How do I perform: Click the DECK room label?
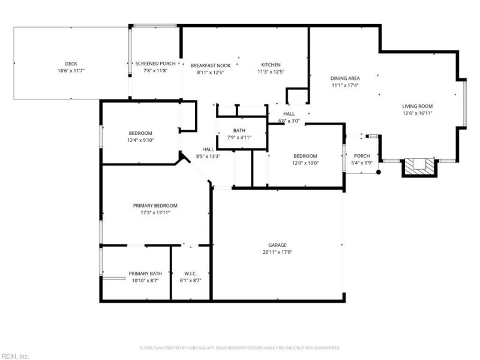71,64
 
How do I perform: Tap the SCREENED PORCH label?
155,64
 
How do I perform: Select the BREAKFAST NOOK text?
211,65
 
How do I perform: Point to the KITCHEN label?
271,65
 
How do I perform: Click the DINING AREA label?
345,79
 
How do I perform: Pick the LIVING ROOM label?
418,106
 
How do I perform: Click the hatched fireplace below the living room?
419,167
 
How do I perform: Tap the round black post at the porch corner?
379,172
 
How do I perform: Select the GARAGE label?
277,245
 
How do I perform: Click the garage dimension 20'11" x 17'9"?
277,252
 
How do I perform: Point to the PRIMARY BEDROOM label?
155,205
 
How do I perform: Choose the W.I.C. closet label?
190,274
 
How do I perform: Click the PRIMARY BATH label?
145,274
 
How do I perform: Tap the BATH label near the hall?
239,130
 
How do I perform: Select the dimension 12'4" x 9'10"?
140,140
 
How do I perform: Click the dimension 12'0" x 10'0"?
305,163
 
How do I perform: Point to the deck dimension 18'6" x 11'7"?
71,71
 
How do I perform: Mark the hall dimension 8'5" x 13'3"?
208,157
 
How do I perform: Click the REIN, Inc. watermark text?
15,356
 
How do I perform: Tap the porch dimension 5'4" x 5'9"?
362,163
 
